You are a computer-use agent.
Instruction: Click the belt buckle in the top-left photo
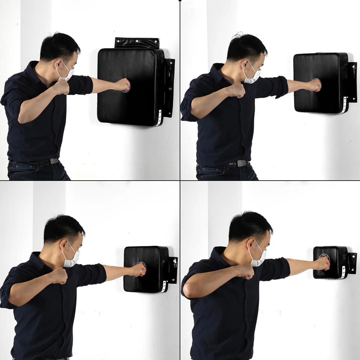point(54,161)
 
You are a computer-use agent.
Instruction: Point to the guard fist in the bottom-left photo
point(60,275)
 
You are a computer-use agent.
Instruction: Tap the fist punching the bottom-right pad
point(324,264)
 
